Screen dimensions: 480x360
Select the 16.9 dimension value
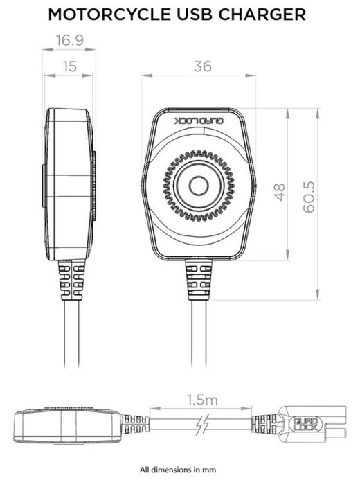(69, 41)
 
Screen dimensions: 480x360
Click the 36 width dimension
(202, 66)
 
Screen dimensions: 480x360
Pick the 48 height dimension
(280, 191)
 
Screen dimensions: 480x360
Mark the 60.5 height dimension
(309, 197)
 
